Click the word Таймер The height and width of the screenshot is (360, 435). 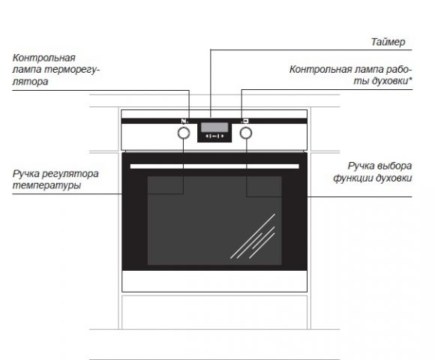click(x=388, y=42)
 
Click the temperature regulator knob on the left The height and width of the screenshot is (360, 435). click(x=184, y=133)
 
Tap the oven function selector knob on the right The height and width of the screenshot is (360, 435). click(x=246, y=133)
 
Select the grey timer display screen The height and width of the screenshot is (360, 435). click(x=214, y=127)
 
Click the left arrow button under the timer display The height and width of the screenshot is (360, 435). click(x=208, y=136)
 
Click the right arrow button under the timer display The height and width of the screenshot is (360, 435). click(x=221, y=136)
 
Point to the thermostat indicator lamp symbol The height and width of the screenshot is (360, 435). click(x=184, y=121)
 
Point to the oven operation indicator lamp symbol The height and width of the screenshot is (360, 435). click(x=245, y=121)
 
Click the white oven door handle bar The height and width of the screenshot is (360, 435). click(x=214, y=166)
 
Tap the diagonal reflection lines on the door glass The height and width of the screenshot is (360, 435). click(x=253, y=236)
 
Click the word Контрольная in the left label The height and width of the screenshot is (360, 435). click(x=43, y=58)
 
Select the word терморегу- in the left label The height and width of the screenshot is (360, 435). click(x=72, y=69)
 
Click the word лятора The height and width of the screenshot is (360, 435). click(x=30, y=82)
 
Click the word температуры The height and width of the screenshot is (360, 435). click(x=46, y=185)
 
